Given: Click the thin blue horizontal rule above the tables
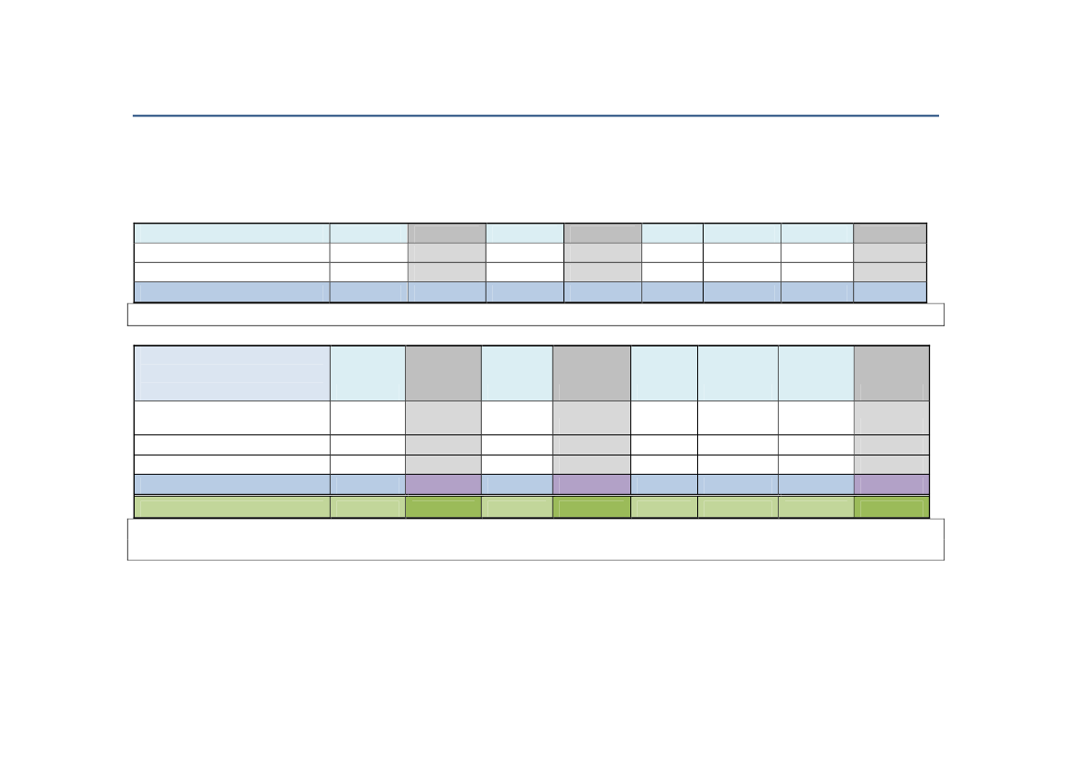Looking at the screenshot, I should pos(535,116).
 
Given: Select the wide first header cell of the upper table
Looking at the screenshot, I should pos(232,233).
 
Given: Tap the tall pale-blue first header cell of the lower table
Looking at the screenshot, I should pos(232,373).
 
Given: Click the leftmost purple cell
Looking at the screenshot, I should pos(443,484).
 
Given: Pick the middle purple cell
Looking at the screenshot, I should pos(592,484).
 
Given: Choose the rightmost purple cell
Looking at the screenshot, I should pos(891,484).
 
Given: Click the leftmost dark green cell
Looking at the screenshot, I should pos(443,507).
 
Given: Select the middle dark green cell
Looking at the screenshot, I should pos(592,507).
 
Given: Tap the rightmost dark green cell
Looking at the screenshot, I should pos(891,507).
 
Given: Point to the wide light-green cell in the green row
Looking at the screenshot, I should pos(232,507).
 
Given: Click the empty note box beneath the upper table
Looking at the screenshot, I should pos(535,314).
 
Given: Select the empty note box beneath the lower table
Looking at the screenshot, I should pos(535,539).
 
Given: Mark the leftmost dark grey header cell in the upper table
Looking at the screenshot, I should pos(447,233).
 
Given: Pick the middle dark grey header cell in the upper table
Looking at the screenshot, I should pos(603,233).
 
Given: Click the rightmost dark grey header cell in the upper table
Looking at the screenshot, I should pos(890,233).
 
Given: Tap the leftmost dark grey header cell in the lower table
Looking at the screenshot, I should pos(443,373).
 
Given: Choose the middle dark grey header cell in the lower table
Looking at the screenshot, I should pos(592,373).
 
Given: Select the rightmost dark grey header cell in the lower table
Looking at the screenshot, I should pos(891,373).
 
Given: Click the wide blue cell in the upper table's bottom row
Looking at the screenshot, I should pos(232,291).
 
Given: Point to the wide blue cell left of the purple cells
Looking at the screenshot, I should pos(232,484).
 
